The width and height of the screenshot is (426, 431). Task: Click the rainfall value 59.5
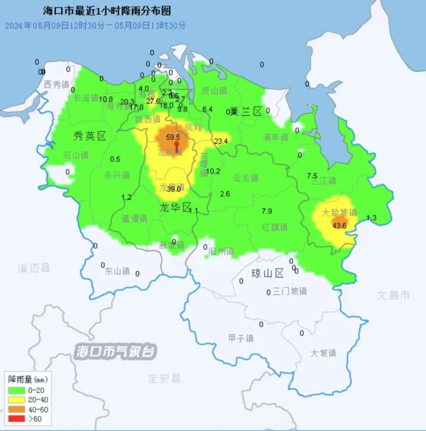click(173, 138)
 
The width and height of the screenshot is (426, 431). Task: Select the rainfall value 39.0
click(174, 189)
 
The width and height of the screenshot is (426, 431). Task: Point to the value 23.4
click(221, 142)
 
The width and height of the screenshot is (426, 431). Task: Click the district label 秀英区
click(90, 136)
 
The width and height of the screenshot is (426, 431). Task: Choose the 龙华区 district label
click(175, 207)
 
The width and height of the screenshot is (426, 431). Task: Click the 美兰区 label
click(246, 112)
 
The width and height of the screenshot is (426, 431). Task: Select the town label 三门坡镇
click(289, 292)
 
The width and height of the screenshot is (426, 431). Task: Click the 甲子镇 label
click(241, 338)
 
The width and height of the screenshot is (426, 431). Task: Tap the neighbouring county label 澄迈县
click(34, 268)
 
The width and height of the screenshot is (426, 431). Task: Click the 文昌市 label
click(393, 295)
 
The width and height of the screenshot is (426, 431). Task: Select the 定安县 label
click(165, 379)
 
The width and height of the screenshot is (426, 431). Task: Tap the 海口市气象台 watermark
click(115, 352)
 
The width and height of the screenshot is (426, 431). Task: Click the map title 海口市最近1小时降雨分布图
click(107, 11)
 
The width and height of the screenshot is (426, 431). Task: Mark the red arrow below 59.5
click(176, 147)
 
